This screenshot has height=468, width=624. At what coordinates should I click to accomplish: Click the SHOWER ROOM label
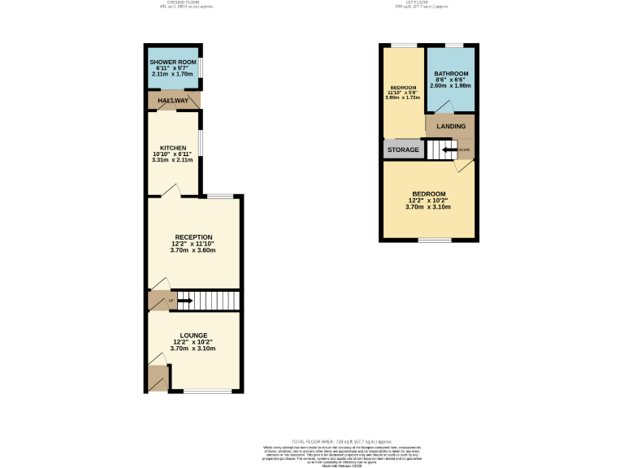click(x=173, y=62)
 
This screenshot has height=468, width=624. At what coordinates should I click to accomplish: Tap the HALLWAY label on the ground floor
click(x=172, y=101)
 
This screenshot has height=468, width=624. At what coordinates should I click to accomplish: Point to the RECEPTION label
click(x=193, y=237)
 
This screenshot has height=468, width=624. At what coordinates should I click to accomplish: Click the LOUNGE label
click(x=193, y=336)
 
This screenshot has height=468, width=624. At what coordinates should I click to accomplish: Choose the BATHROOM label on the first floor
click(x=451, y=73)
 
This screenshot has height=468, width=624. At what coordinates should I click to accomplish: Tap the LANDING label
click(x=451, y=127)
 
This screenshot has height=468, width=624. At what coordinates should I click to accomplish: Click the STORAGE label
click(x=403, y=150)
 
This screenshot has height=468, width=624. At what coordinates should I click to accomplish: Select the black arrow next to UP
click(x=185, y=302)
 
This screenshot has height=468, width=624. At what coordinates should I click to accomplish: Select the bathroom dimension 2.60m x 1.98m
click(x=451, y=85)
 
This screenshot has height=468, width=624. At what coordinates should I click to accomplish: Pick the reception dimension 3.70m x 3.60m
click(x=193, y=249)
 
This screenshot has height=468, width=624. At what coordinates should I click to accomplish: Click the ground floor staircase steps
click(x=209, y=301)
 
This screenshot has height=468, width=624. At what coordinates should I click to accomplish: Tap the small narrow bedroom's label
click(x=403, y=88)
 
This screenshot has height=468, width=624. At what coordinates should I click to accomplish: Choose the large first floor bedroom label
click(x=428, y=194)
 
